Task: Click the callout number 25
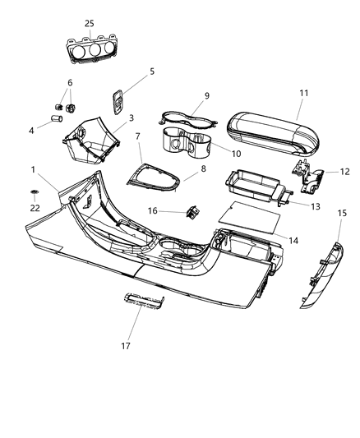[89, 23]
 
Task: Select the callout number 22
[34, 207]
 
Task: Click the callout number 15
[342, 213]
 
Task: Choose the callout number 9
[184, 95]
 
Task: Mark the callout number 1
[34, 169]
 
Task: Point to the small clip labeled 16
[194, 211]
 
